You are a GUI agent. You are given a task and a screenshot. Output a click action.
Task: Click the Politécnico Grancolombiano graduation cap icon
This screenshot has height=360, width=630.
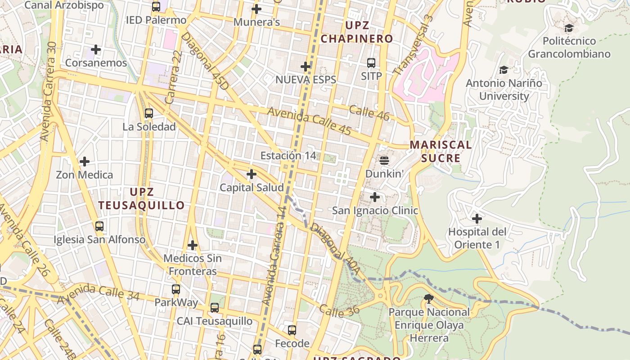(569, 28)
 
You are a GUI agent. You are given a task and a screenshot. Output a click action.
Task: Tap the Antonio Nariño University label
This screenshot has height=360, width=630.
(504, 90)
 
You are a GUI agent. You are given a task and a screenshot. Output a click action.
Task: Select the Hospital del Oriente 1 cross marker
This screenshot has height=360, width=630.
(477, 219)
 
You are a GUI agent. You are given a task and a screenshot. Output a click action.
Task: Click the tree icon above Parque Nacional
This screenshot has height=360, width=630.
(428, 298)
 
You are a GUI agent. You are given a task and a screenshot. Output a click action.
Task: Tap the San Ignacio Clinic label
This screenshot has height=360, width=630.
(375, 211)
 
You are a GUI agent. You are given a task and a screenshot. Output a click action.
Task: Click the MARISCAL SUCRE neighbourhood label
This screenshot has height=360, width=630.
(441, 152)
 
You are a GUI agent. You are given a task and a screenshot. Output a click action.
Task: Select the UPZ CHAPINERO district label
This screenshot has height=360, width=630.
(357, 32)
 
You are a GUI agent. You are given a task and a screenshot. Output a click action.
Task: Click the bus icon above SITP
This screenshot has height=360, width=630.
(371, 63)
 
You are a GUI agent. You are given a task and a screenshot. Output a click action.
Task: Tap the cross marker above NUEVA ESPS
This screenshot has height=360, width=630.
(306, 67)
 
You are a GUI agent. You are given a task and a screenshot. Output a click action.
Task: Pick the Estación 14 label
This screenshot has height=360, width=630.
(288, 156)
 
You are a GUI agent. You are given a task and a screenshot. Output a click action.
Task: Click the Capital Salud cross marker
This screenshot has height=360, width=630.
(252, 174)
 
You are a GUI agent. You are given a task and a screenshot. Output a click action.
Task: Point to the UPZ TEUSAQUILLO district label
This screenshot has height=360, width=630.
(141, 198)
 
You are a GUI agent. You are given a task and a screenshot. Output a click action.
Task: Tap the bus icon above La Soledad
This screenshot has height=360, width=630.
(149, 113)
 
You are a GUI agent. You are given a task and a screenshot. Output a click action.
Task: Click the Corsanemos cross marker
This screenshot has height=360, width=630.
(96, 49)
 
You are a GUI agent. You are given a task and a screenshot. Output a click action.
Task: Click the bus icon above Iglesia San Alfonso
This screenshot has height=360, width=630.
(99, 226)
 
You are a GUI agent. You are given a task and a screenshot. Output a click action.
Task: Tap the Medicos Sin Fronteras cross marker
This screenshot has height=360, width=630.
(193, 245)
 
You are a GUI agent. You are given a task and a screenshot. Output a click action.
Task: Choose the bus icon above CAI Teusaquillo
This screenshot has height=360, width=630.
(215, 308)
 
